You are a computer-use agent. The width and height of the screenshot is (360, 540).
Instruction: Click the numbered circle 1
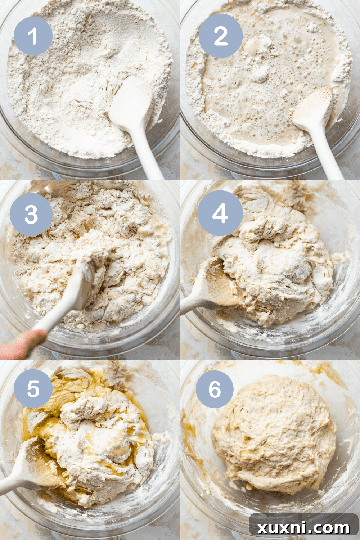pos(33,36)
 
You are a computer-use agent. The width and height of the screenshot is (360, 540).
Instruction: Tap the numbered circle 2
pos(220,36)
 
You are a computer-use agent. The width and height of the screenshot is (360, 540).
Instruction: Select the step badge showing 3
pos(31,215)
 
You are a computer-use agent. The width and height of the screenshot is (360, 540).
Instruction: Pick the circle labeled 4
pos(220,213)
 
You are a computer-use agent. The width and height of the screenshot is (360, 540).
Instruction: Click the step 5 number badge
pos(33,388)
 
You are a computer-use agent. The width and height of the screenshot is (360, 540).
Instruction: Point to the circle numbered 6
pos(215,389)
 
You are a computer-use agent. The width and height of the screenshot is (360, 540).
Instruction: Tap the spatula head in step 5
pos(36,464)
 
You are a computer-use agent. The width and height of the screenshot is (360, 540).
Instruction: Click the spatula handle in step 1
pos(151,158)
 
